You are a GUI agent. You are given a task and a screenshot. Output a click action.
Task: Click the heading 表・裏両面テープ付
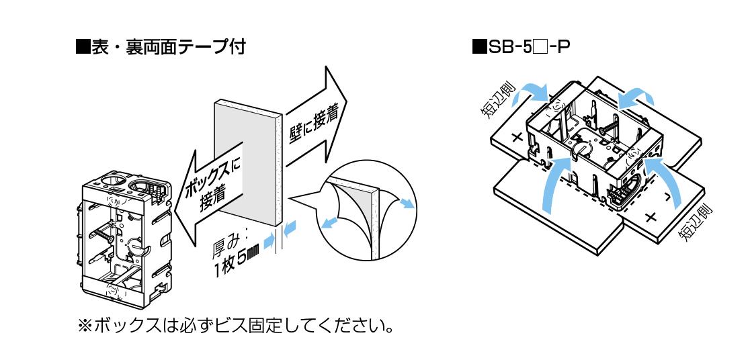coord(167,47)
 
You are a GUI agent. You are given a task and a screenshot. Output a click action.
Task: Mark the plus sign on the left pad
coord(517,138)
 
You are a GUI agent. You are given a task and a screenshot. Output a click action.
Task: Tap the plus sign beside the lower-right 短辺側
coord(649,217)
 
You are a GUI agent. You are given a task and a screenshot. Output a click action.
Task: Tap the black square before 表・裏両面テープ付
coord(83,48)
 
